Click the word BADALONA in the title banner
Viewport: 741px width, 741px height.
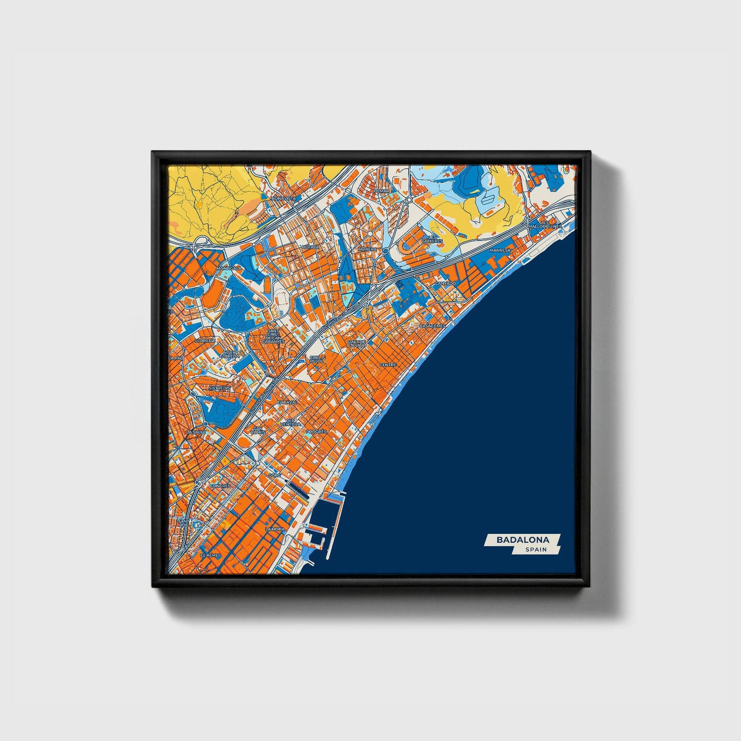click(523, 539)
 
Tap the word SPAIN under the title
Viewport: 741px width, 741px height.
click(536, 550)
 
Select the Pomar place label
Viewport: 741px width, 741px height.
click(382, 191)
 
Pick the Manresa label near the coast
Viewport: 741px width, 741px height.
click(500, 250)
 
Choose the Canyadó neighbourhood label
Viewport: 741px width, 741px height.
click(445, 283)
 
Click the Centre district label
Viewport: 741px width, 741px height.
click(388, 365)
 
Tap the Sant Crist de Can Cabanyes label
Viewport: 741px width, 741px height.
click(273, 336)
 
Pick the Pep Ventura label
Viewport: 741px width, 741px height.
click(290, 423)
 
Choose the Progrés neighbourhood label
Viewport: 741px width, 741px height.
click(316, 432)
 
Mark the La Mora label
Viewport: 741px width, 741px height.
click(275, 529)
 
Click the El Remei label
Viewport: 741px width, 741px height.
click(210, 555)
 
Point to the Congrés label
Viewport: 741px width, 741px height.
click(221, 485)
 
